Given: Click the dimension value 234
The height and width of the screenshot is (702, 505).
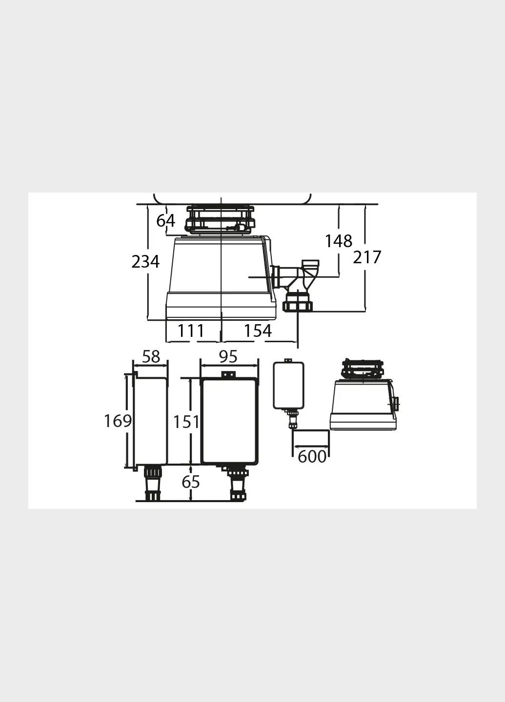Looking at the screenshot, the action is pyautogui.click(x=145, y=261).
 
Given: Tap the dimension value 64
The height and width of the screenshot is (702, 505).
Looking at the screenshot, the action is pyautogui.click(x=165, y=221).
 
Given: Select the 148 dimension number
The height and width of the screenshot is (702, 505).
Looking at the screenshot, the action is pyautogui.click(x=339, y=241).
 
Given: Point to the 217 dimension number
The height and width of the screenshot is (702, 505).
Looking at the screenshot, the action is pyautogui.click(x=367, y=257).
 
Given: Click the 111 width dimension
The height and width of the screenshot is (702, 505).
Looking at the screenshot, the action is pyautogui.click(x=191, y=331).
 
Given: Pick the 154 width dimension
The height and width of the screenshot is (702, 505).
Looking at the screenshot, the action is pyautogui.click(x=258, y=331).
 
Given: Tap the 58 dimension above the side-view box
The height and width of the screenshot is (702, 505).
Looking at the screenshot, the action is pyautogui.click(x=151, y=357).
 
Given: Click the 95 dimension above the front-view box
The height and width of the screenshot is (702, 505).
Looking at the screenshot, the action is pyautogui.click(x=228, y=357).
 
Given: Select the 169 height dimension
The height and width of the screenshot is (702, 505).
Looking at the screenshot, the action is pyautogui.click(x=118, y=421).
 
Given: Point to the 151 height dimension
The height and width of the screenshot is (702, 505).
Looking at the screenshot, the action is pyautogui.click(x=186, y=422).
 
